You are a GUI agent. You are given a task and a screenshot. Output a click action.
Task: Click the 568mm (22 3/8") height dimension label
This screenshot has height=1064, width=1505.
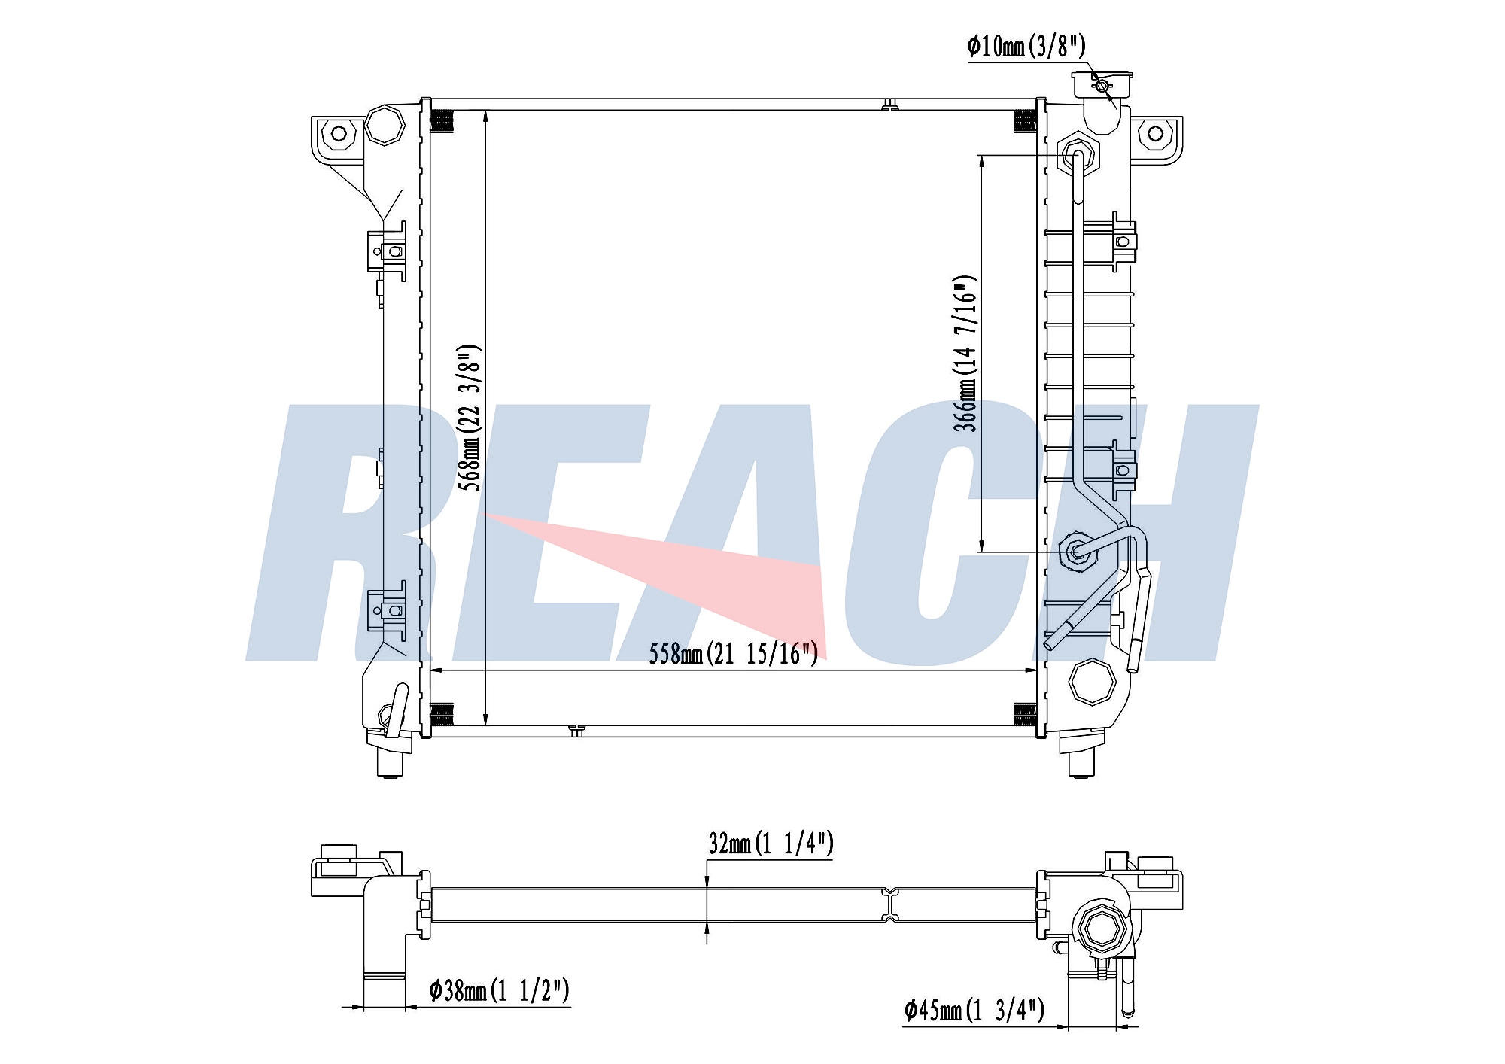(470, 418)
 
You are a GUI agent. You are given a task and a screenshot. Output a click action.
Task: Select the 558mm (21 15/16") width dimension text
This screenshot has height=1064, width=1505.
(733, 653)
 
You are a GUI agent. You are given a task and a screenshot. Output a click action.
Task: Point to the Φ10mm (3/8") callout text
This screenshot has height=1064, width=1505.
(1026, 47)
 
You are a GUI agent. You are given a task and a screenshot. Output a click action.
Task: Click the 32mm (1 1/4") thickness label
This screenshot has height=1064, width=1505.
(771, 844)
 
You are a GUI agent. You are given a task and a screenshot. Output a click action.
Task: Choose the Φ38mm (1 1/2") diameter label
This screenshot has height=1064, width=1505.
(499, 990)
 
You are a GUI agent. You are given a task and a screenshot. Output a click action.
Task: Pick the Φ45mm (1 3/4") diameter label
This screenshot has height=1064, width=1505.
(974, 1009)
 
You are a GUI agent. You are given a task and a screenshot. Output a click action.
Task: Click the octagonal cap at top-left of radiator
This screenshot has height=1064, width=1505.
(385, 126)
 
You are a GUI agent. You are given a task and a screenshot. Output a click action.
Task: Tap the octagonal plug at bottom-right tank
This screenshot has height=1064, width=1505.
(1091, 682)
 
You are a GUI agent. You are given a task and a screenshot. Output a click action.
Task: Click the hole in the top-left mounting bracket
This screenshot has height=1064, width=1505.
(339, 134)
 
